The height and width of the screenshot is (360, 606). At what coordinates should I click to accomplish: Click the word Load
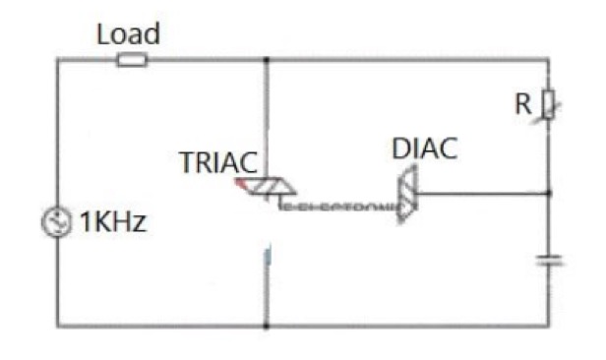click(x=128, y=34)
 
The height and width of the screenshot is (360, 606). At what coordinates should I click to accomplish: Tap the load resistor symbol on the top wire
click(x=132, y=60)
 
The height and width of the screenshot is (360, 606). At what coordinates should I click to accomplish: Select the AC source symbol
click(x=49, y=222)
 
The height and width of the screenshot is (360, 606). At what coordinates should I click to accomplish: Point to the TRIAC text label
click(x=217, y=163)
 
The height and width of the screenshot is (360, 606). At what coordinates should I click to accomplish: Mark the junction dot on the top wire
click(x=266, y=59)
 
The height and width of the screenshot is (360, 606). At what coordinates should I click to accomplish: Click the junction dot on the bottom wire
click(x=266, y=326)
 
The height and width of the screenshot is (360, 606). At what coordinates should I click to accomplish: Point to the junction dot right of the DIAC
click(x=548, y=194)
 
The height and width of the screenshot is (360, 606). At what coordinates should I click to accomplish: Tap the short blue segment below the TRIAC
click(x=266, y=259)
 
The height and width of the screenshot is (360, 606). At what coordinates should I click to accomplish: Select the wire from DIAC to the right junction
click(x=482, y=194)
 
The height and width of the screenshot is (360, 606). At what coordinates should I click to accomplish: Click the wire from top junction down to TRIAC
click(x=266, y=118)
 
